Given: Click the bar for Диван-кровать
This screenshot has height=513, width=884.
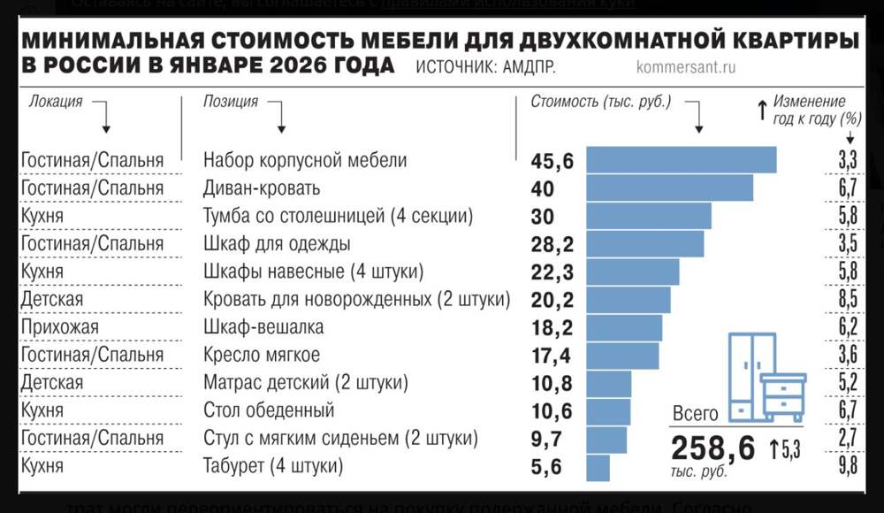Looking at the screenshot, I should coord(669,188).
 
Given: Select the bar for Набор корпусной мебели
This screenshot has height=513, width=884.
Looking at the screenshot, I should coord(681,160).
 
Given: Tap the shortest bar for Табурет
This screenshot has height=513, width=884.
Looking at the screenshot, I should coord(598,466).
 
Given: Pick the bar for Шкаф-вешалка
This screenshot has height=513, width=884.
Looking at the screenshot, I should coord(624,327).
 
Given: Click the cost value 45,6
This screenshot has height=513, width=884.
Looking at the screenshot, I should coord(552,161).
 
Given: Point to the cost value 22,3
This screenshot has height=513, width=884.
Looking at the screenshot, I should coord(552,272).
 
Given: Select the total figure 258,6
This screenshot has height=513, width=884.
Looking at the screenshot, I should coord(713,448).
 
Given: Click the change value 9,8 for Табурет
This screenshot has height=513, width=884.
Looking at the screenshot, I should coord(848,466).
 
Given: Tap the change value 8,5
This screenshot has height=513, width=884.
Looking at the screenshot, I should coord(848,300).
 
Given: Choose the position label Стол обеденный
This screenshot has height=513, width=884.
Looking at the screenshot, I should coord(269,410).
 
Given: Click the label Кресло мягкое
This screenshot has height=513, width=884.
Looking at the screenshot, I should coord(262,355).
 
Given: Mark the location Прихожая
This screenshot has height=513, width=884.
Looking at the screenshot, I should coord(60,327).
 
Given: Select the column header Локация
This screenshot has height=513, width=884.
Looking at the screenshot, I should coord(56,102).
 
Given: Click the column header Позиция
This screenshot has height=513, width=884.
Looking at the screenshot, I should coord(231,102).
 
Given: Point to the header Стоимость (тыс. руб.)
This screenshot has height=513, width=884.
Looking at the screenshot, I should coord(601,102).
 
